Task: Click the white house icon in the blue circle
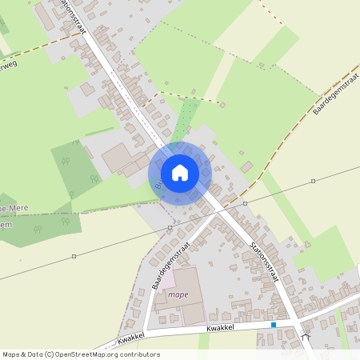(x=180, y=172)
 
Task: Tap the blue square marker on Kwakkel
(x=274, y=325)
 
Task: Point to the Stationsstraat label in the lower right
(x=263, y=263)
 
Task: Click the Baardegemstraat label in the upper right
(x=334, y=94)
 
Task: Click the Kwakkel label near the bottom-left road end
(x=129, y=341)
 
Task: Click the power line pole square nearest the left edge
(x=74, y=256)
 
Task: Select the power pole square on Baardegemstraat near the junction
(x=170, y=228)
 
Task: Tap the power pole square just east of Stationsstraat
(x=246, y=203)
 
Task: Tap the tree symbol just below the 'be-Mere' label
(x=37, y=230)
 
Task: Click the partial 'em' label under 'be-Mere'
(x=6, y=224)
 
